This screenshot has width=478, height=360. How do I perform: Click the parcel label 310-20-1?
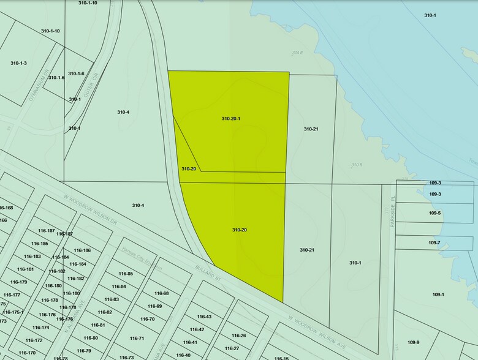pyautogui.click(x=230, y=118)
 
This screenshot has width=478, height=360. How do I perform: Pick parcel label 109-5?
pyautogui.click(x=434, y=213)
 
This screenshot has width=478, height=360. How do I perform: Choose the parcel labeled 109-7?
pyautogui.click(x=434, y=243)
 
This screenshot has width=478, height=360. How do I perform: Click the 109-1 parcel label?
pyautogui.click(x=438, y=294)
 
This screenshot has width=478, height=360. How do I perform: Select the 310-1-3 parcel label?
pyautogui.click(x=18, y=63)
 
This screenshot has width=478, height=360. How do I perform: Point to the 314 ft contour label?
pyautogui.click(x=298, y=53)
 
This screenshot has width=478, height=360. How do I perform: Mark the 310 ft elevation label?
pyautogui.click(x=357, y=165)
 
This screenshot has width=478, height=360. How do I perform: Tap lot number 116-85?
pyautogui.click(x=126, y=274)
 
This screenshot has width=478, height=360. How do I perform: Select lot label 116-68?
pyautogui.click(x=161, y=293)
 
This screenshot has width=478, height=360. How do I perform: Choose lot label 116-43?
pyautogui.click(x=204, y=317)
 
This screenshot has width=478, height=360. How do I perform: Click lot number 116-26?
pyautogui.click(x=239, y=336)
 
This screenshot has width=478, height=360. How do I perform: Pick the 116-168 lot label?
pyautogui.click(x=6, y=208)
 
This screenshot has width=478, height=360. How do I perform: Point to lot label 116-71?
pyautogui.click(x=137, y=339)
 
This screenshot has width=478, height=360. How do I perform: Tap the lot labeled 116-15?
pyautogui.click(x=281, y=358)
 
